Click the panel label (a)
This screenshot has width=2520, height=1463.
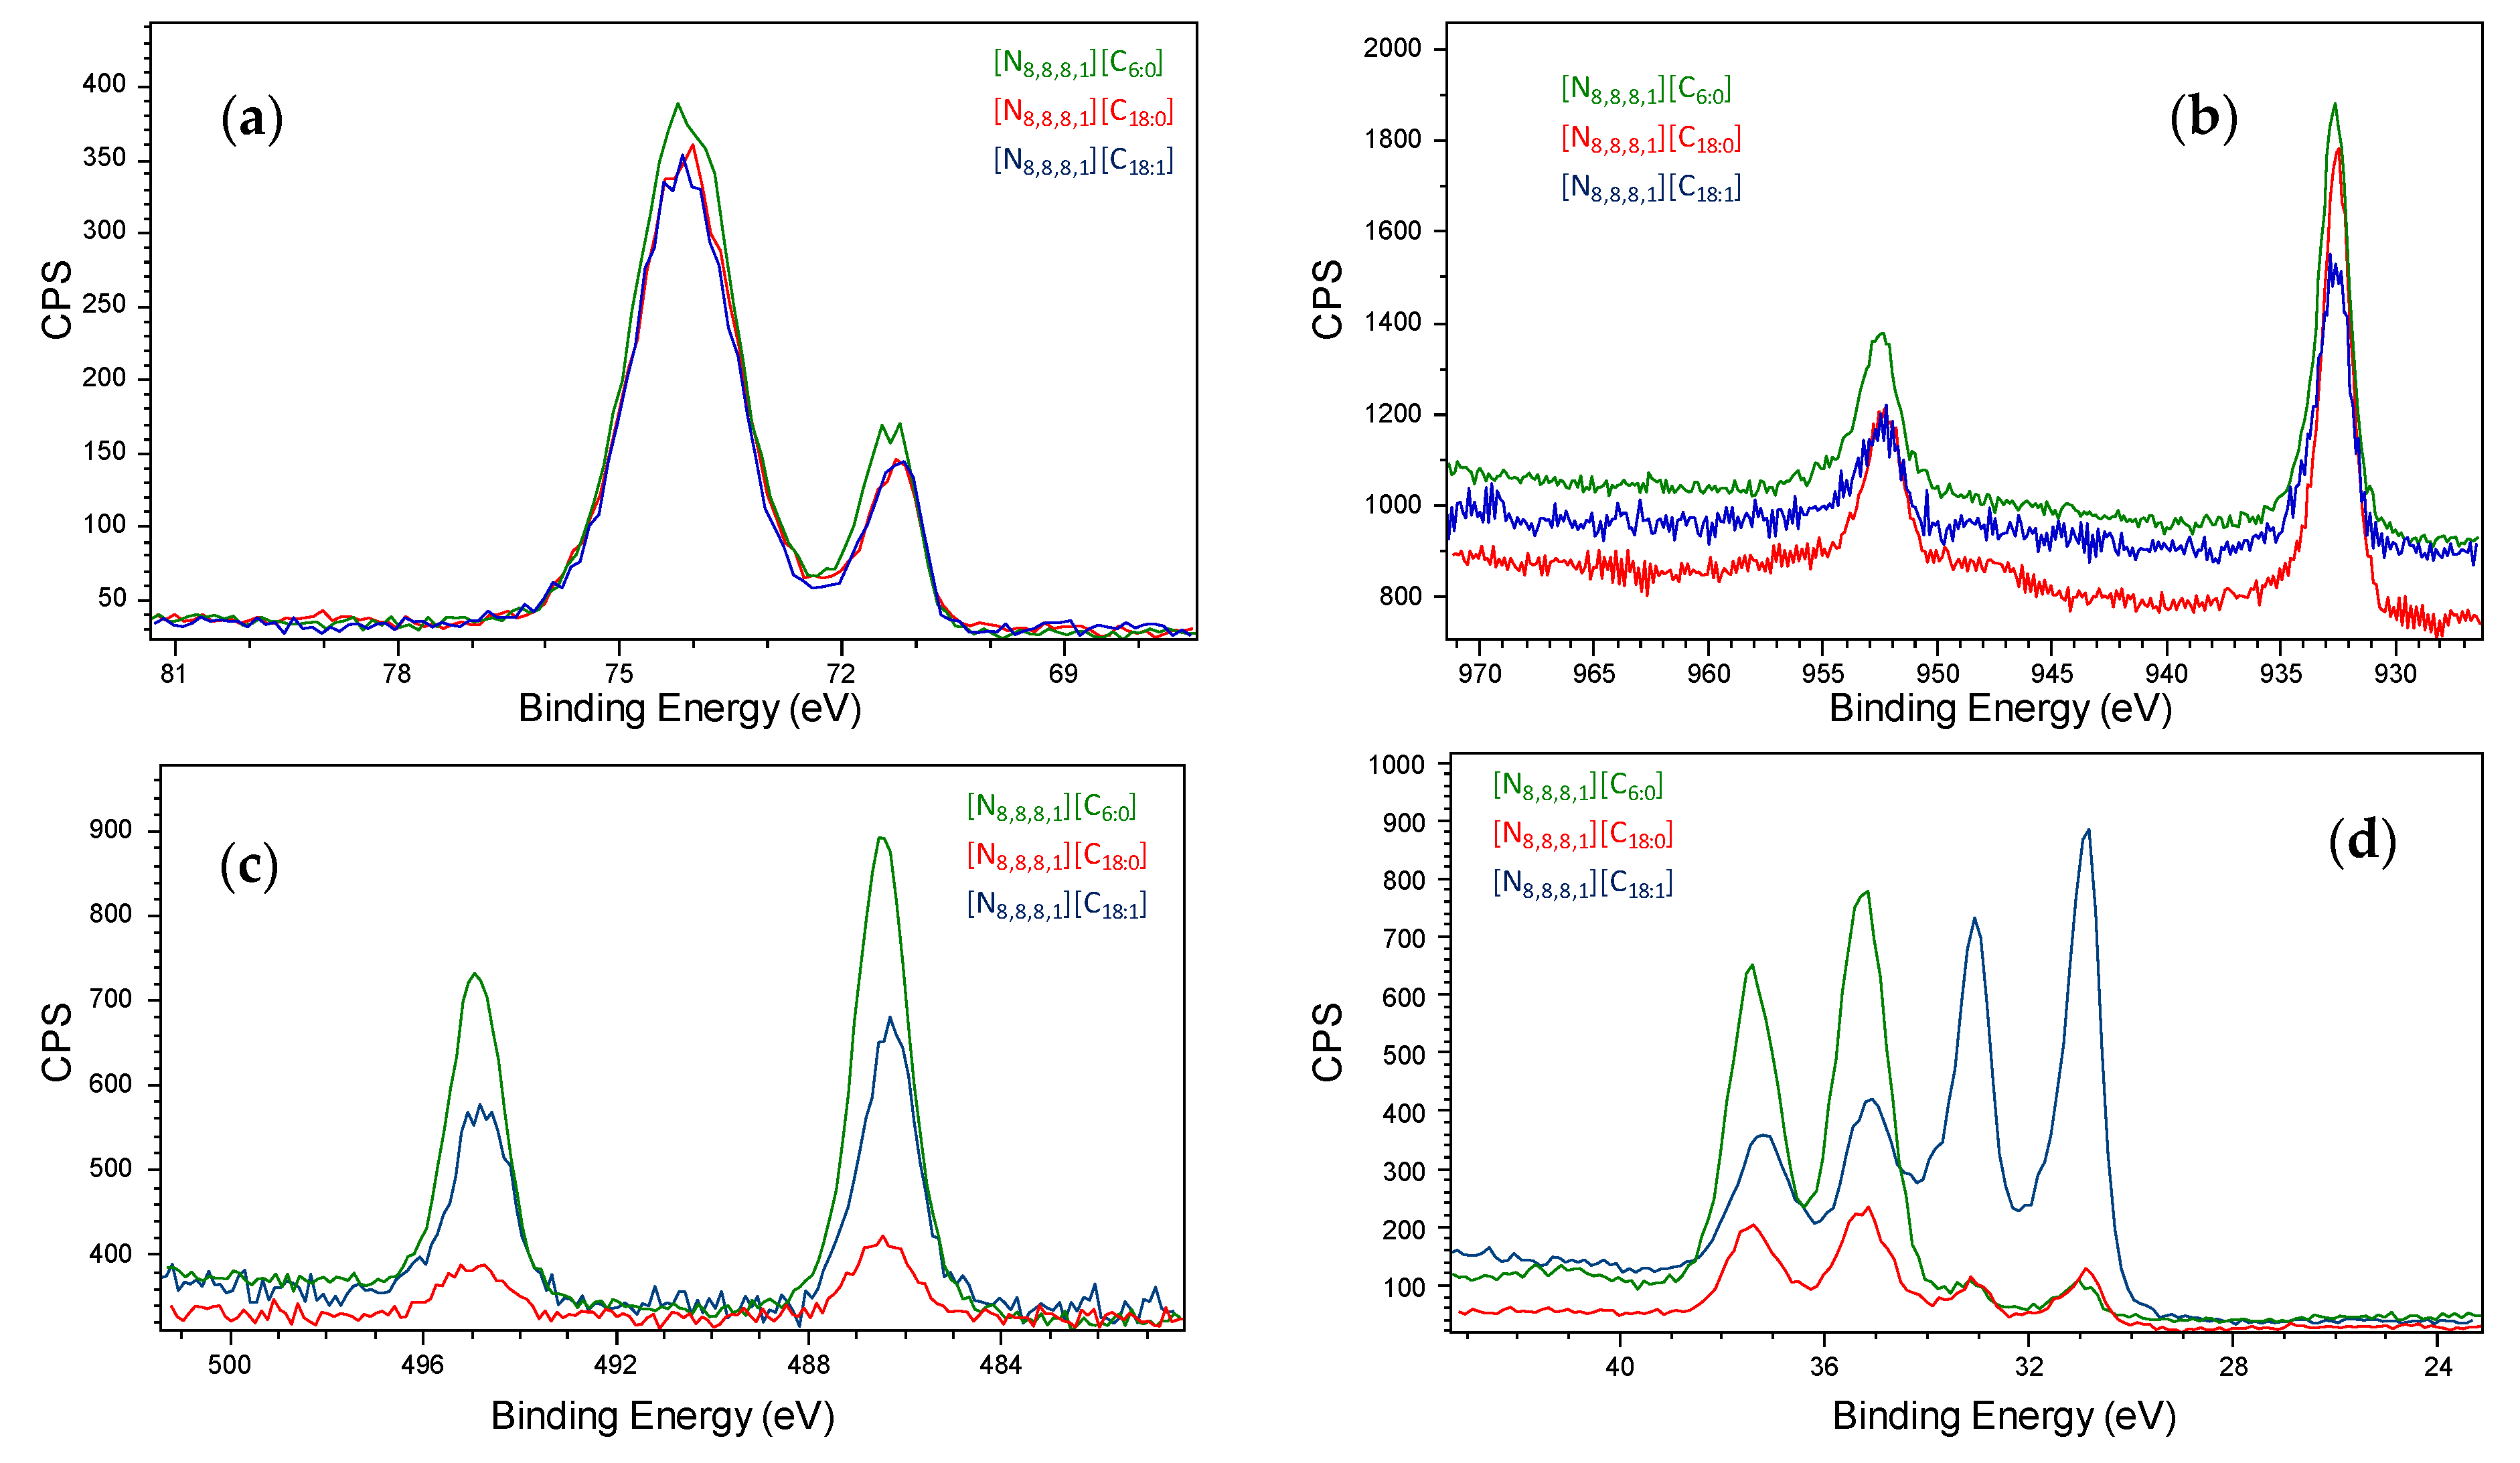click(x=251, y=119)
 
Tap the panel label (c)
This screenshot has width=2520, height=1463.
click(x=248, y=865)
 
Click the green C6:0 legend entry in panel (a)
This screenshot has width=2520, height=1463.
click(x=1077, y=64)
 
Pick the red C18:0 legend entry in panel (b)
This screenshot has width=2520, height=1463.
click(x=1650, y=139)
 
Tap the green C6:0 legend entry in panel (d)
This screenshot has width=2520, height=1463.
click(x=1576, y=786)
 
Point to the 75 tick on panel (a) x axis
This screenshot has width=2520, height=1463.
click(x=619, y=673)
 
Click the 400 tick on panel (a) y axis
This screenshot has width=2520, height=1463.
click(x=104, y=84)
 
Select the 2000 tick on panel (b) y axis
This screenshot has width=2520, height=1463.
click(x=1391, y=48)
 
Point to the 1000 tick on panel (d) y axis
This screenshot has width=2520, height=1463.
click(x=1396, y=765)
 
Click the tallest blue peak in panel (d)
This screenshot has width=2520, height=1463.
click(x=2087, y=831)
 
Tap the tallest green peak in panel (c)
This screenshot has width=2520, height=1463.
click(x=880, y=838)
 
